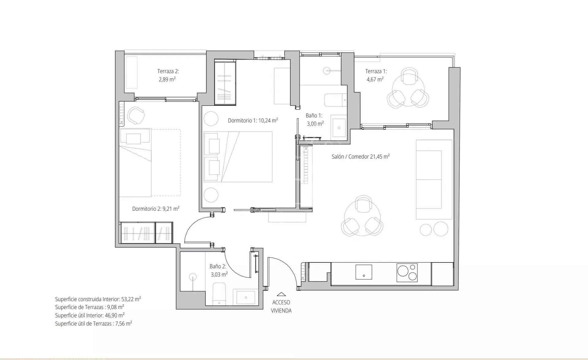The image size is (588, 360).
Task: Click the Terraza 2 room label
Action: pyautogui.click(x=168, y=71)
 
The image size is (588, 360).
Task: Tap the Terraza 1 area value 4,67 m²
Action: pyautogui.click(x=375, y=79)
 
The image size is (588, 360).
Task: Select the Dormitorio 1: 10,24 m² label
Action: pyautogui.click(x=253, y=121)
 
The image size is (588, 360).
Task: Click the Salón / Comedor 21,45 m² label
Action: pyautogui.click(x=361, y=156)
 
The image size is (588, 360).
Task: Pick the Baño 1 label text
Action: pyautogui.click(x=314, y=116)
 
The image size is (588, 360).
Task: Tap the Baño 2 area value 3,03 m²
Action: pyautogui.click(x=219, y=274)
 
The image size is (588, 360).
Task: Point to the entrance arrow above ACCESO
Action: pyautogui.click(x=281, y=294)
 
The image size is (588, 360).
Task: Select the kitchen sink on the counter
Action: pyautogui.click(x=364, y=272)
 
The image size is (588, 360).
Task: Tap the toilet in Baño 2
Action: pyautogui.click(x=219, y=294)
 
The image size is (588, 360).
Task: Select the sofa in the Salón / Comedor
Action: pyautogui.click(x=434, y=179)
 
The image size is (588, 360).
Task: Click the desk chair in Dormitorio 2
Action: pyautogui.click(x=136, y=115)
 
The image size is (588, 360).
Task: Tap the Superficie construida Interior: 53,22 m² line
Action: pyautogui.click(x=98, y=299)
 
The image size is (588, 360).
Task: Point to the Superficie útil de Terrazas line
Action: pyautogui.click(x=93, y=324)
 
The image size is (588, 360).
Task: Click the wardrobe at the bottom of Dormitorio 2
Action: pyautogui.click(x=147, y=233)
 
